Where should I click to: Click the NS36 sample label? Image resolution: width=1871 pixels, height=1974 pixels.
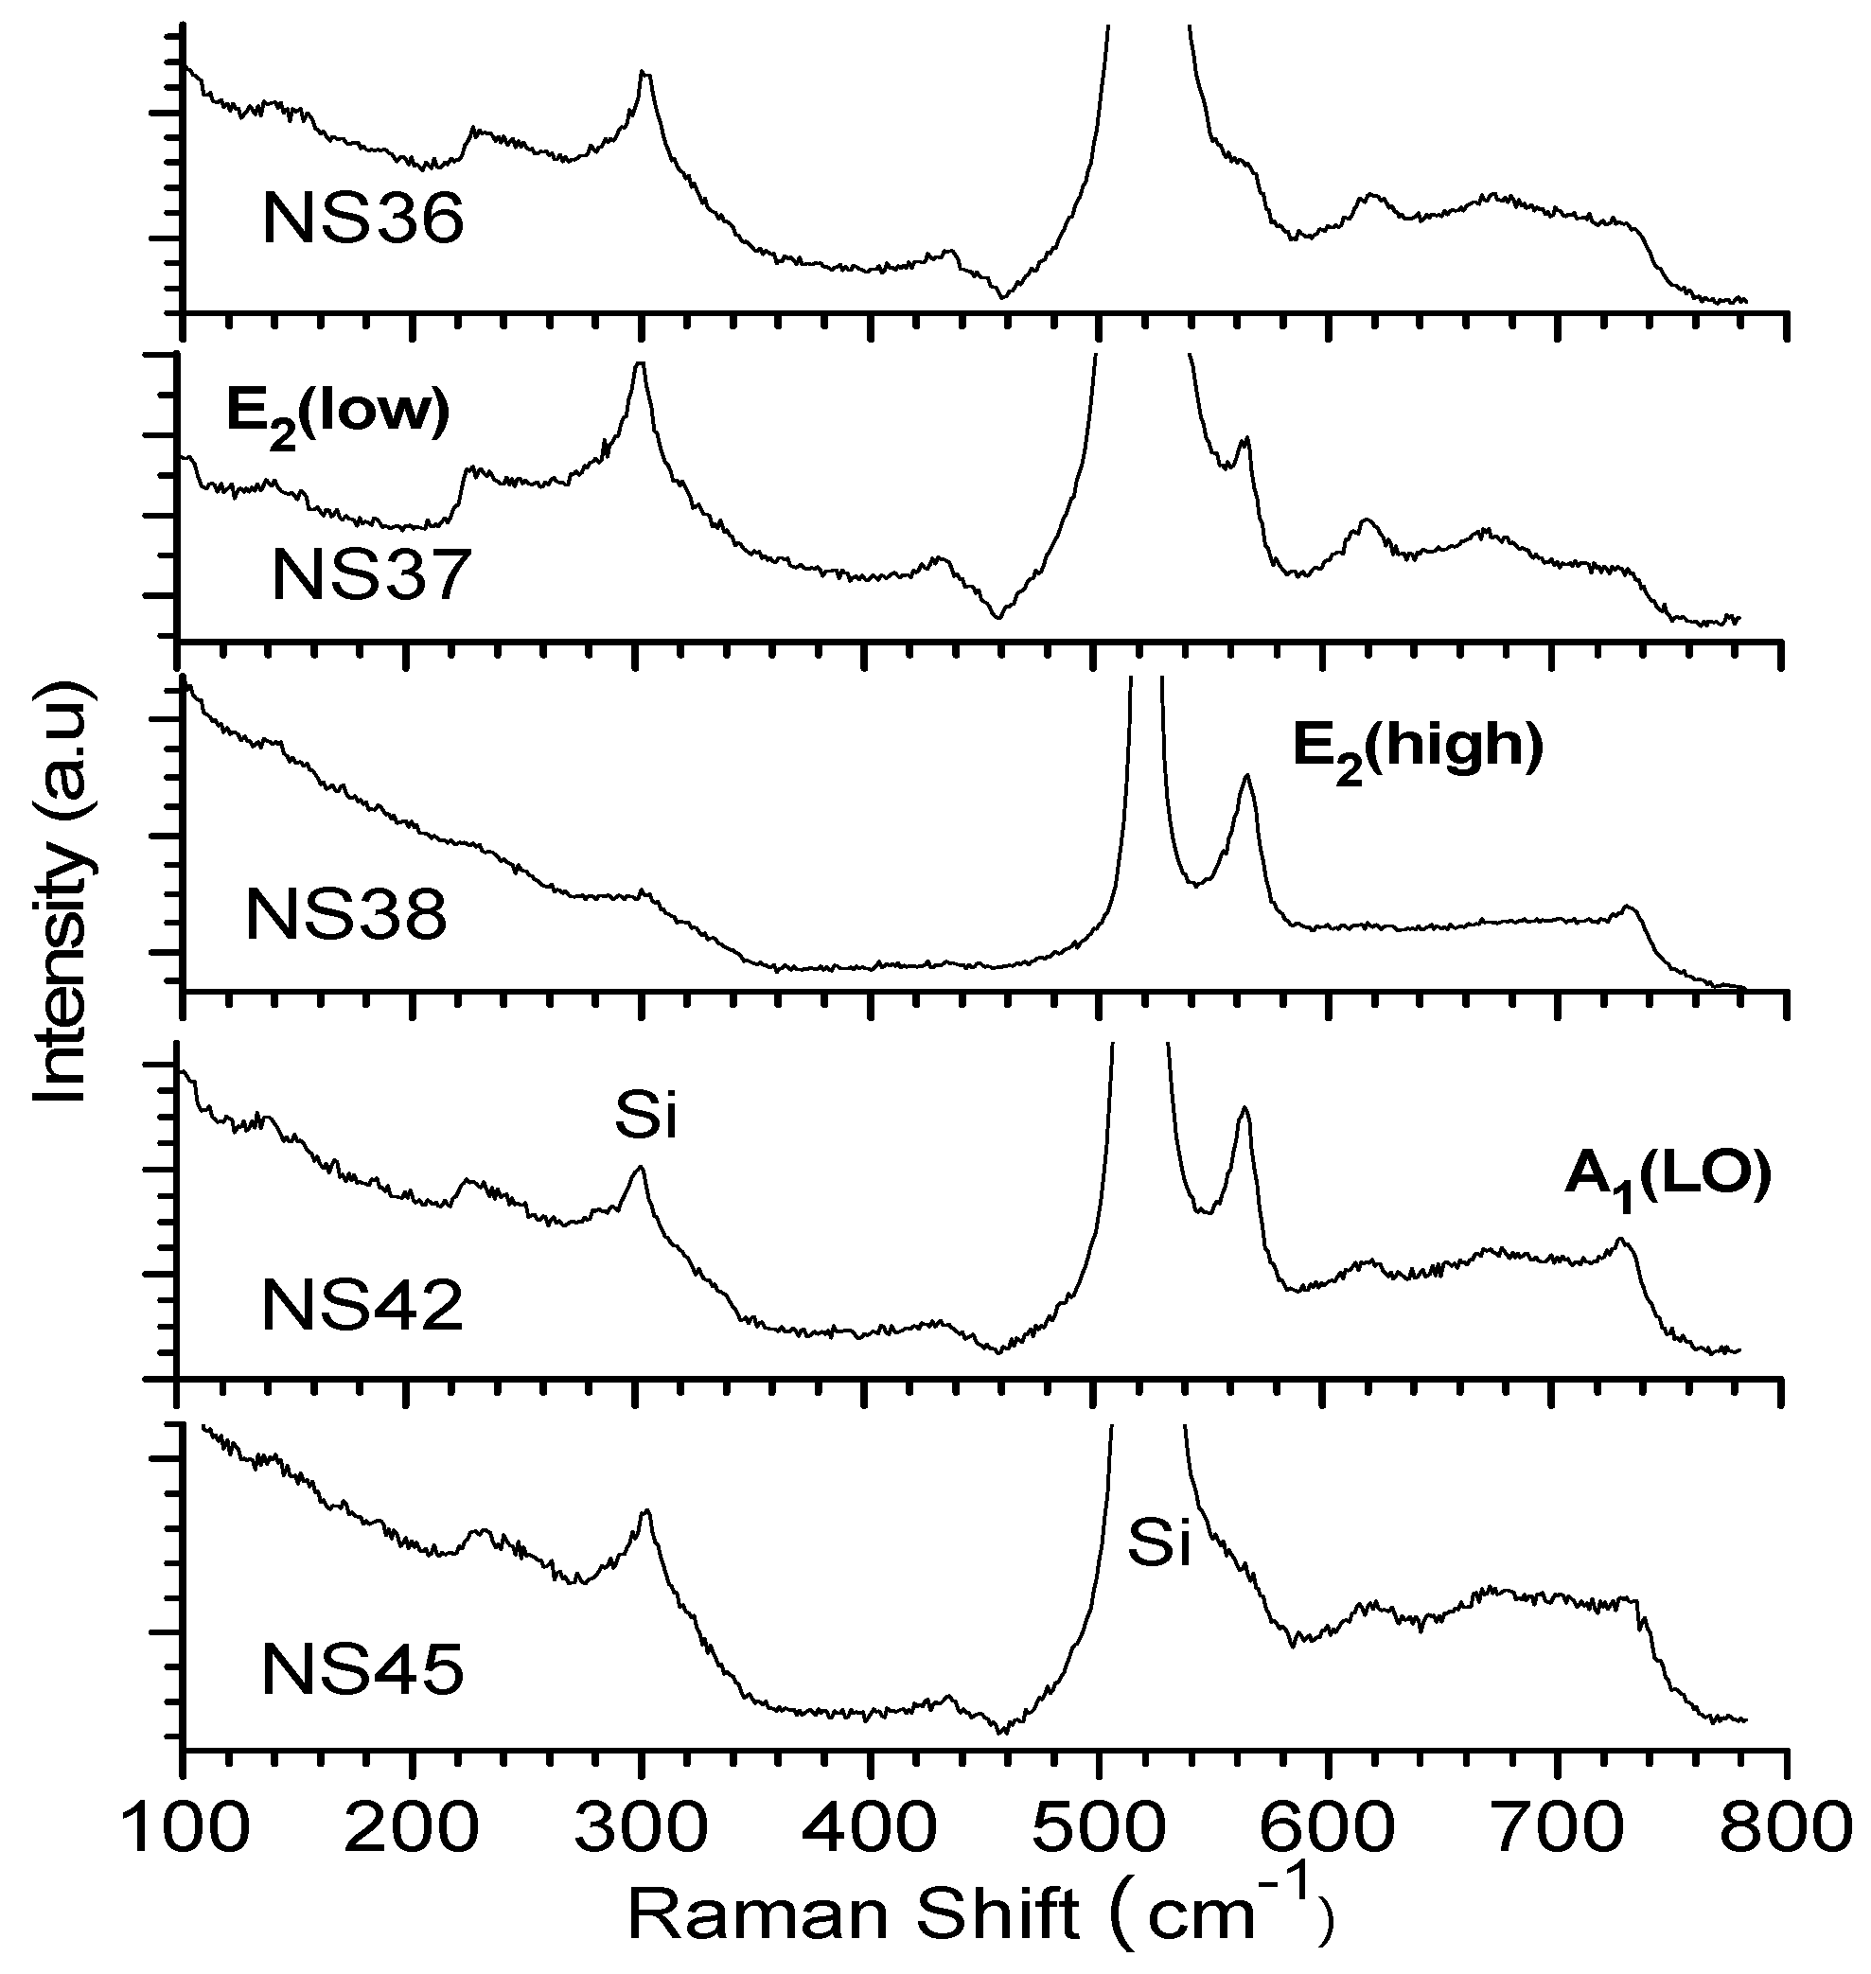pyautogui.click(x=363, y=220)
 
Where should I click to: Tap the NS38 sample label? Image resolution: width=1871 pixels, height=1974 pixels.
pyautogui.click(x=346, y=917)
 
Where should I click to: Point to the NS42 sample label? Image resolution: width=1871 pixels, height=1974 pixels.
pyautogui.click(x=363, y=1307)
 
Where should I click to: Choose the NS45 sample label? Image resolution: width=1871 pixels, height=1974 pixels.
pyautogui.click(x=363, y=1672)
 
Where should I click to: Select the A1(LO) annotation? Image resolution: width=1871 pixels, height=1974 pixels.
pyautogui.click(x=1667, y=1178)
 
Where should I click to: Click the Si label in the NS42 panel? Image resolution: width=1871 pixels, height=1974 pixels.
pyautogui.click(x=645, y=1119)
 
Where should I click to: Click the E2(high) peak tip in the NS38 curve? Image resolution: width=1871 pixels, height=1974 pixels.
pyautogui.click(x=1246, y=775)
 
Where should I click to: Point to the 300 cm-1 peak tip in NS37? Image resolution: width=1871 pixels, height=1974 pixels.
pyautogui.click(x=640, y=364)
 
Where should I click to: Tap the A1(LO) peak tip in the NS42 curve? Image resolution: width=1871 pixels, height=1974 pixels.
pyautogui.click(x=1620, y=1239)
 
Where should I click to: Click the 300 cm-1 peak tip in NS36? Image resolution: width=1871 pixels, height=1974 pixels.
pyautogui.click(x=644, y=72)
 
